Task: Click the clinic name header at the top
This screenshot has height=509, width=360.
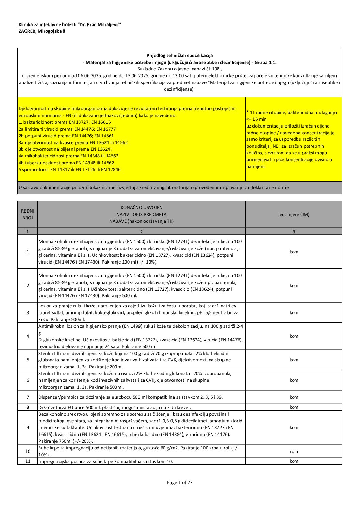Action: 70,24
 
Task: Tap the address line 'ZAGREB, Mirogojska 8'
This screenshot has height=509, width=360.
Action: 42,31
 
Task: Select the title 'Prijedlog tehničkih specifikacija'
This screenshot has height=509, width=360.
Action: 180,55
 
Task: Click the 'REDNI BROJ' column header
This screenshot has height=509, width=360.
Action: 28,214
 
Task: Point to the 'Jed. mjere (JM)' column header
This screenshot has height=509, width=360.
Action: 294,214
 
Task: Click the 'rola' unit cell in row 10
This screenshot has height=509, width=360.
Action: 294,451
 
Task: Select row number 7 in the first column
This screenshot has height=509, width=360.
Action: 28,397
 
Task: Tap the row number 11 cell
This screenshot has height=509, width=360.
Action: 28,461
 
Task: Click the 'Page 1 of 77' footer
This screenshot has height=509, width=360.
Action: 180,482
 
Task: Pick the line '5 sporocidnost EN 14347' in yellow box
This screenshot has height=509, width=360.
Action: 70,169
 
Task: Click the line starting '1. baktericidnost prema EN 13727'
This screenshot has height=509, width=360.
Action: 65,122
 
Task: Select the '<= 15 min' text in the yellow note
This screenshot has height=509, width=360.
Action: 257,119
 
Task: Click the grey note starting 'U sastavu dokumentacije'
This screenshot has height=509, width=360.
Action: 153,187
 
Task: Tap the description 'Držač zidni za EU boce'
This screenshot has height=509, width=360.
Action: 115,407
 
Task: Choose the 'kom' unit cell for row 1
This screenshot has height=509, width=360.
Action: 294,252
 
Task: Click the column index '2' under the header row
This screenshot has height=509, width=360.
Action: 142,232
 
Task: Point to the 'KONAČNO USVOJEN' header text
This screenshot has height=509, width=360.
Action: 142,207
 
